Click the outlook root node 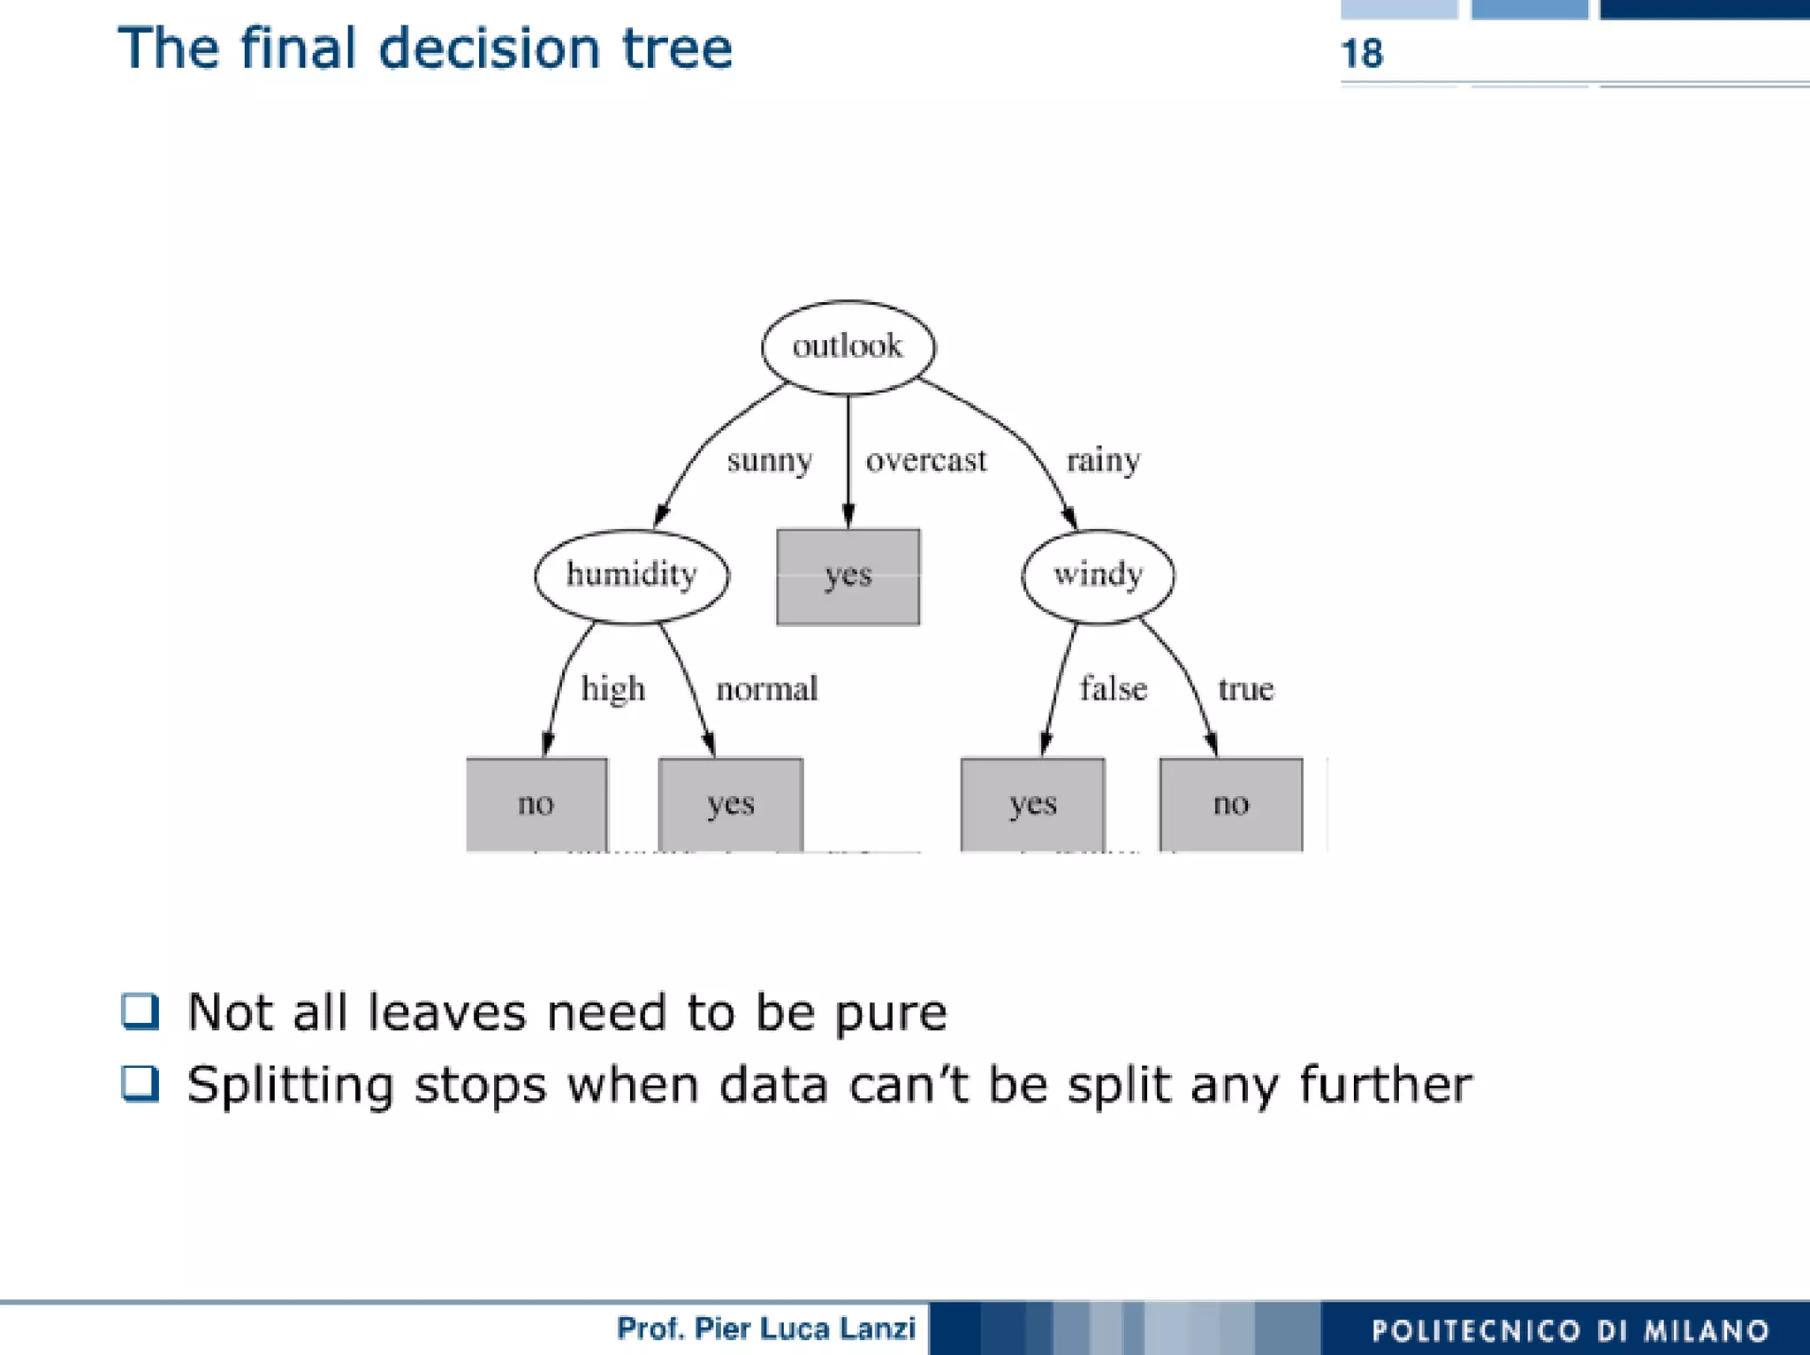pyautogui.click(x=848, y=347)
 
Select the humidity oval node pyautogui.click(x=632, y=576)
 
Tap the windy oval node pyautogui.click(x=1098, y=576)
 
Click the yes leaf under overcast pyautogui.click(x=848, y=577)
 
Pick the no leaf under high pyautogui.click(x=536, y=804)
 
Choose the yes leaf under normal pyautogui.click(x=731, y=804)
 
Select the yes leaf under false pyautogui.click(x=1032, y=804)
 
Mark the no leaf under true pyautogui.click(x=1231, y=804)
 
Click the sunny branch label pyautogui.click(x=769, y=461)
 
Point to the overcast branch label pyautogui.click(x=925, y=461)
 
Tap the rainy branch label pyautogui.click(x=1103, y=461)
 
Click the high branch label pyautogui.click(x=612, y=689)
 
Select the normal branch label pyautogui.click(x=766, y=689)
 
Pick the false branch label pyautogui.click(x=1113, y=689)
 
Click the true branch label pyautogui.click(x=1245, y=689)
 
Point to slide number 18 pyautogui.click(x=1362, y=54)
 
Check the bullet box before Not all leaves pyautogui.click(x=141, y=1011)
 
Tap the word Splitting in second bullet pyautogui.click(x=290, y=1085)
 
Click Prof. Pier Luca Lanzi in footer pyautogui.click(x=765, y=1329)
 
